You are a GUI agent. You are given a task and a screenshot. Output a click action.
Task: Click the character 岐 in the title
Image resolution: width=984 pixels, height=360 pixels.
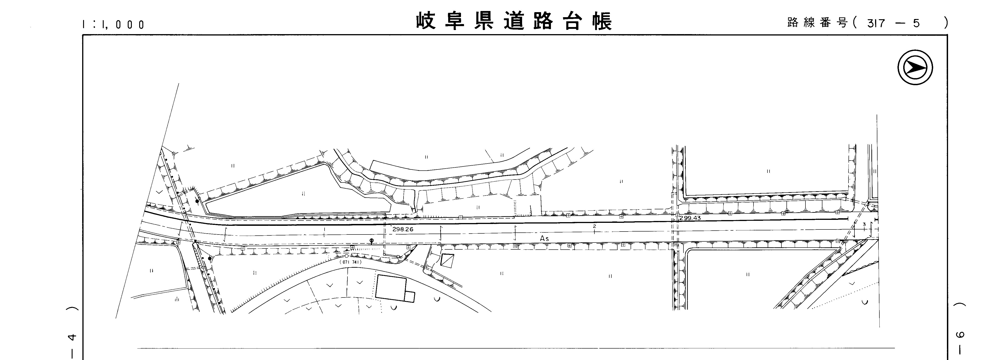coord(426,21)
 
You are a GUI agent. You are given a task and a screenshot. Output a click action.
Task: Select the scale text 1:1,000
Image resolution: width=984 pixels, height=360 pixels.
coord(114,25)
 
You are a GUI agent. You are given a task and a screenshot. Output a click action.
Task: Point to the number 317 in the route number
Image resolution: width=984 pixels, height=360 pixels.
coord(876,24)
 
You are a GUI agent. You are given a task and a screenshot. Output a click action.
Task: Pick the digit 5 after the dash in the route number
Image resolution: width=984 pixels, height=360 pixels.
coord(917,24)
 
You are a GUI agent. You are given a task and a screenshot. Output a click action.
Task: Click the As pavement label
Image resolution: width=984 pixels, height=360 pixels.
coord(544,238)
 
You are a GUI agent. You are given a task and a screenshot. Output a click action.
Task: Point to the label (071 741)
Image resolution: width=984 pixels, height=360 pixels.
coord(350,262)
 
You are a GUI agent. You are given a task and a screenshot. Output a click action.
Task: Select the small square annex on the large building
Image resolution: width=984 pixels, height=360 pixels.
coord(410,297)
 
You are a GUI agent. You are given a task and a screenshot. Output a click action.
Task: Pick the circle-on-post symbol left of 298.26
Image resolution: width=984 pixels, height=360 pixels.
coord(371,241)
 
